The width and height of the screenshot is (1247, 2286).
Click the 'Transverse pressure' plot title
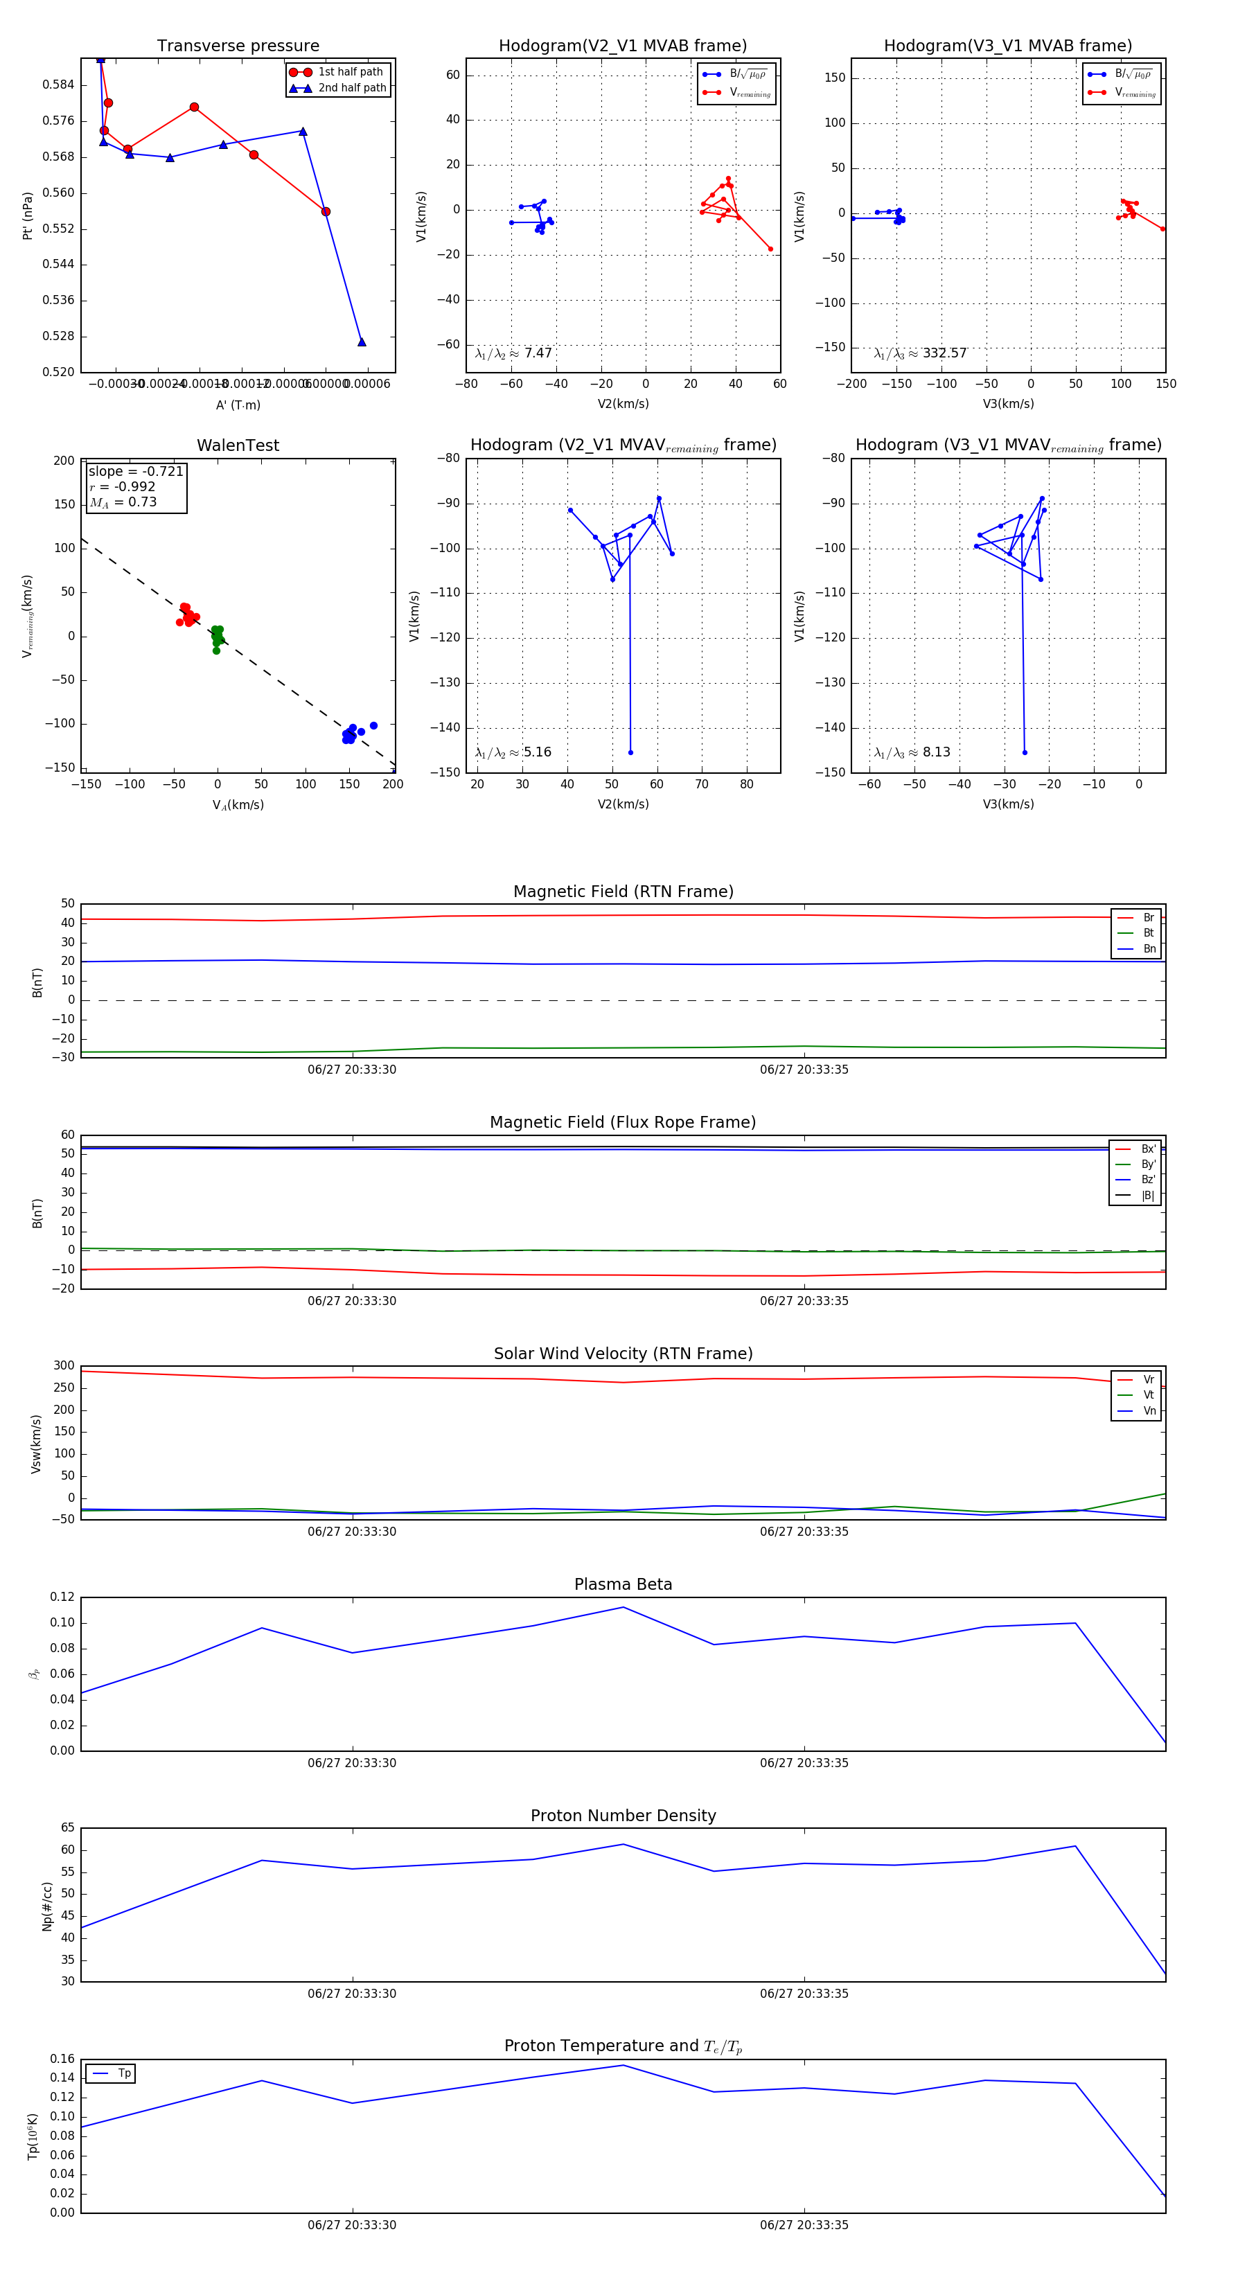pyautogui.click(x=238, y=46)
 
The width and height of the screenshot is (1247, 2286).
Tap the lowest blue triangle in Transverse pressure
pyautogui.click(x=361, y=342)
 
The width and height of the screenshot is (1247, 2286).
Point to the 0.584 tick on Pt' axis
pyautogui.click(x=59, y=85)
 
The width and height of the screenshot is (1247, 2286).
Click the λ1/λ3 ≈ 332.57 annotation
pyautogui.click(x=919, y=353)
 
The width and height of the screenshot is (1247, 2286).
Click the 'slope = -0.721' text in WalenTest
pyautogui.click(x=136, y=471)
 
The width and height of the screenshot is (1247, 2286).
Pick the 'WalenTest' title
pyautogui.click(x=238, y=445)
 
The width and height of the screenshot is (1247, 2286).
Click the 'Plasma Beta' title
pyautogui.click(x=623, y=1584)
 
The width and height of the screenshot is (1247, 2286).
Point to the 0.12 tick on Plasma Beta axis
pyautogui.click(x=62, y=1597)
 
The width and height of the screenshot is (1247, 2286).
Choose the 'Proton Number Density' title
pyautogui.click(x=623, y=1816)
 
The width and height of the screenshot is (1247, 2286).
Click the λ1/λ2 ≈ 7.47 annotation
pyautogui.click(x=513, y=353)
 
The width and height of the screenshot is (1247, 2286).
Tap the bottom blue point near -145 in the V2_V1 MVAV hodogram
pyautogui.click(x=630, y=752)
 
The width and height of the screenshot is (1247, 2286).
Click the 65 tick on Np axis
pyautogui.click(x=67, y=1828)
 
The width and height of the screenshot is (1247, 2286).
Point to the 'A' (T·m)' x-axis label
pyautogui.click(x=238, y=405)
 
